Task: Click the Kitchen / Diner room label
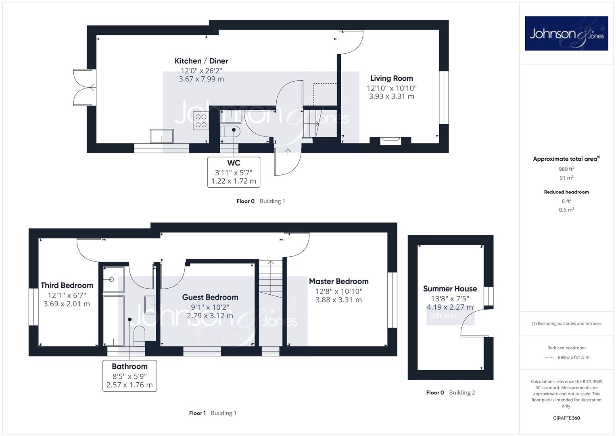coord(201,61)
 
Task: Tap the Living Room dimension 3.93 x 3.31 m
coord(391,96)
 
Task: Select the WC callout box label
coord(234,163)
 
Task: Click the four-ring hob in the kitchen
coord(201,121)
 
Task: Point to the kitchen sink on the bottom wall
coord(162,136)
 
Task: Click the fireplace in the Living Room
coord(390,141)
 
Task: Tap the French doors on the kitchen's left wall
coord(85,88)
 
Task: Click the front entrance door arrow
coord(288,151)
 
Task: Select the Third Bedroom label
coord(67,285)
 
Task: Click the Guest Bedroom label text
coord(210,297)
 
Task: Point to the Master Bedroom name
coord(338,281)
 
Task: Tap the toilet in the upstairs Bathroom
coord(139,336)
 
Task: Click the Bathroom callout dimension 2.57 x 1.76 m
coord(129,385)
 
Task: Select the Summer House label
coord(450,289)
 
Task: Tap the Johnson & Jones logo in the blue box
coord(566,33)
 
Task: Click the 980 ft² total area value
coord(566,169)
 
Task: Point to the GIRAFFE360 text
coord(566,418)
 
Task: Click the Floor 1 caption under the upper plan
coord(197,413)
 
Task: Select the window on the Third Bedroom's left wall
coord(33,307)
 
